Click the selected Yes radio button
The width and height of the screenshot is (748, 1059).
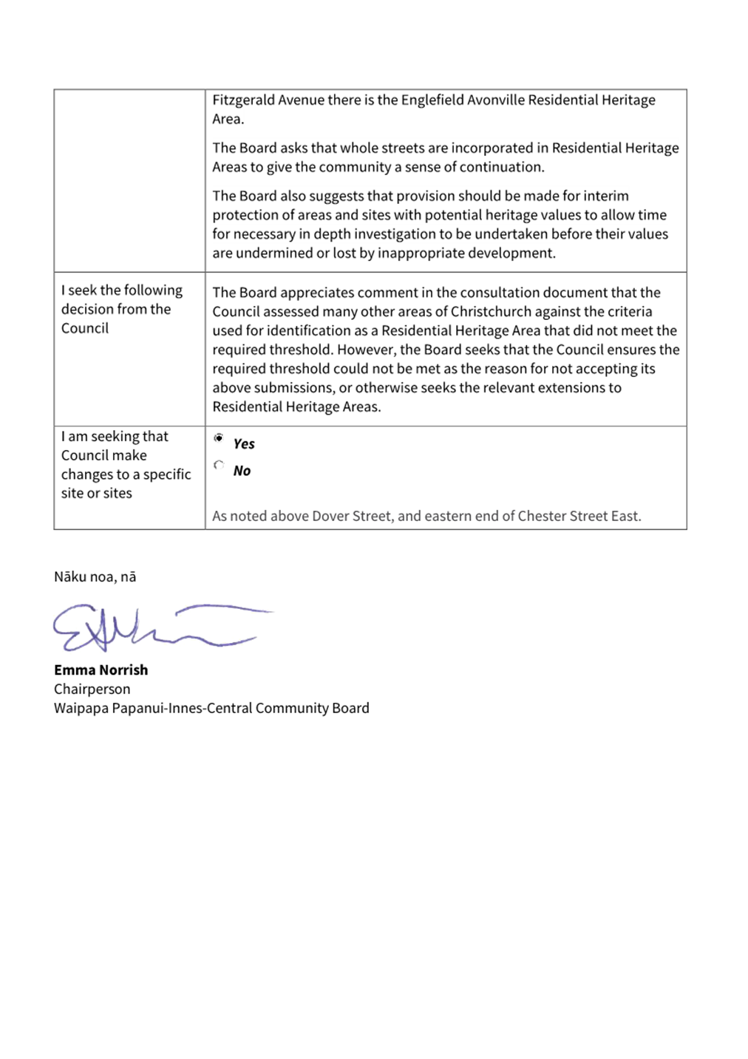[x=219, y=438]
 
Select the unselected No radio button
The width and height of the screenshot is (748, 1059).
[x=219, y=465]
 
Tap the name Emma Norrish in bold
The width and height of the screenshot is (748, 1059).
[x=101, y=670]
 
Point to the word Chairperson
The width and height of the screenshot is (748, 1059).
[x=92, y=689]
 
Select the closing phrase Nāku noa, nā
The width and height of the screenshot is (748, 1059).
[x=95, y=577]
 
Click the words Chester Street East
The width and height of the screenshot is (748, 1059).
[x=579, y=516]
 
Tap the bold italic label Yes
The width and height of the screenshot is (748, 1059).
[x=244, y=444]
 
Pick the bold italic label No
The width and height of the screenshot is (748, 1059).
[x=242, y=471]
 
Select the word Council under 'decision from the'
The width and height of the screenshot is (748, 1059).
[x=84, y=328]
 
